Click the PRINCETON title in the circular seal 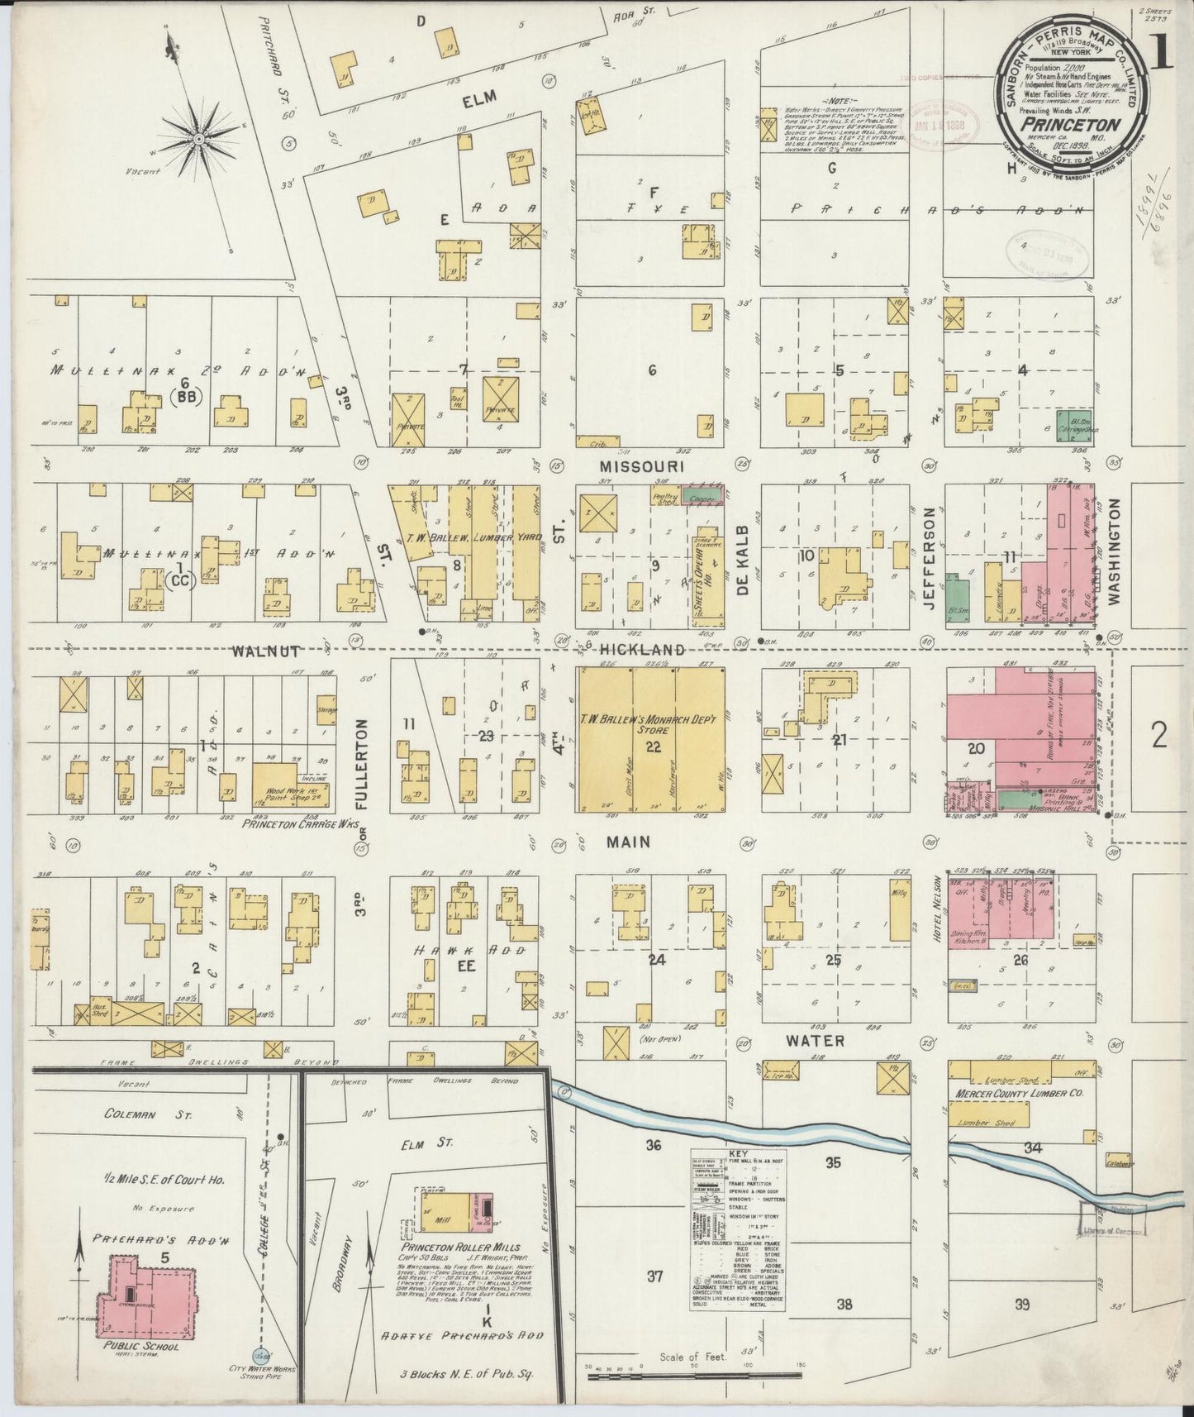point(1072,124)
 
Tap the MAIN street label point(629,842)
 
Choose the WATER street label point(815,1040)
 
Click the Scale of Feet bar point(693,1376)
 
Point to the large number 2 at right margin point(1158,734)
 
